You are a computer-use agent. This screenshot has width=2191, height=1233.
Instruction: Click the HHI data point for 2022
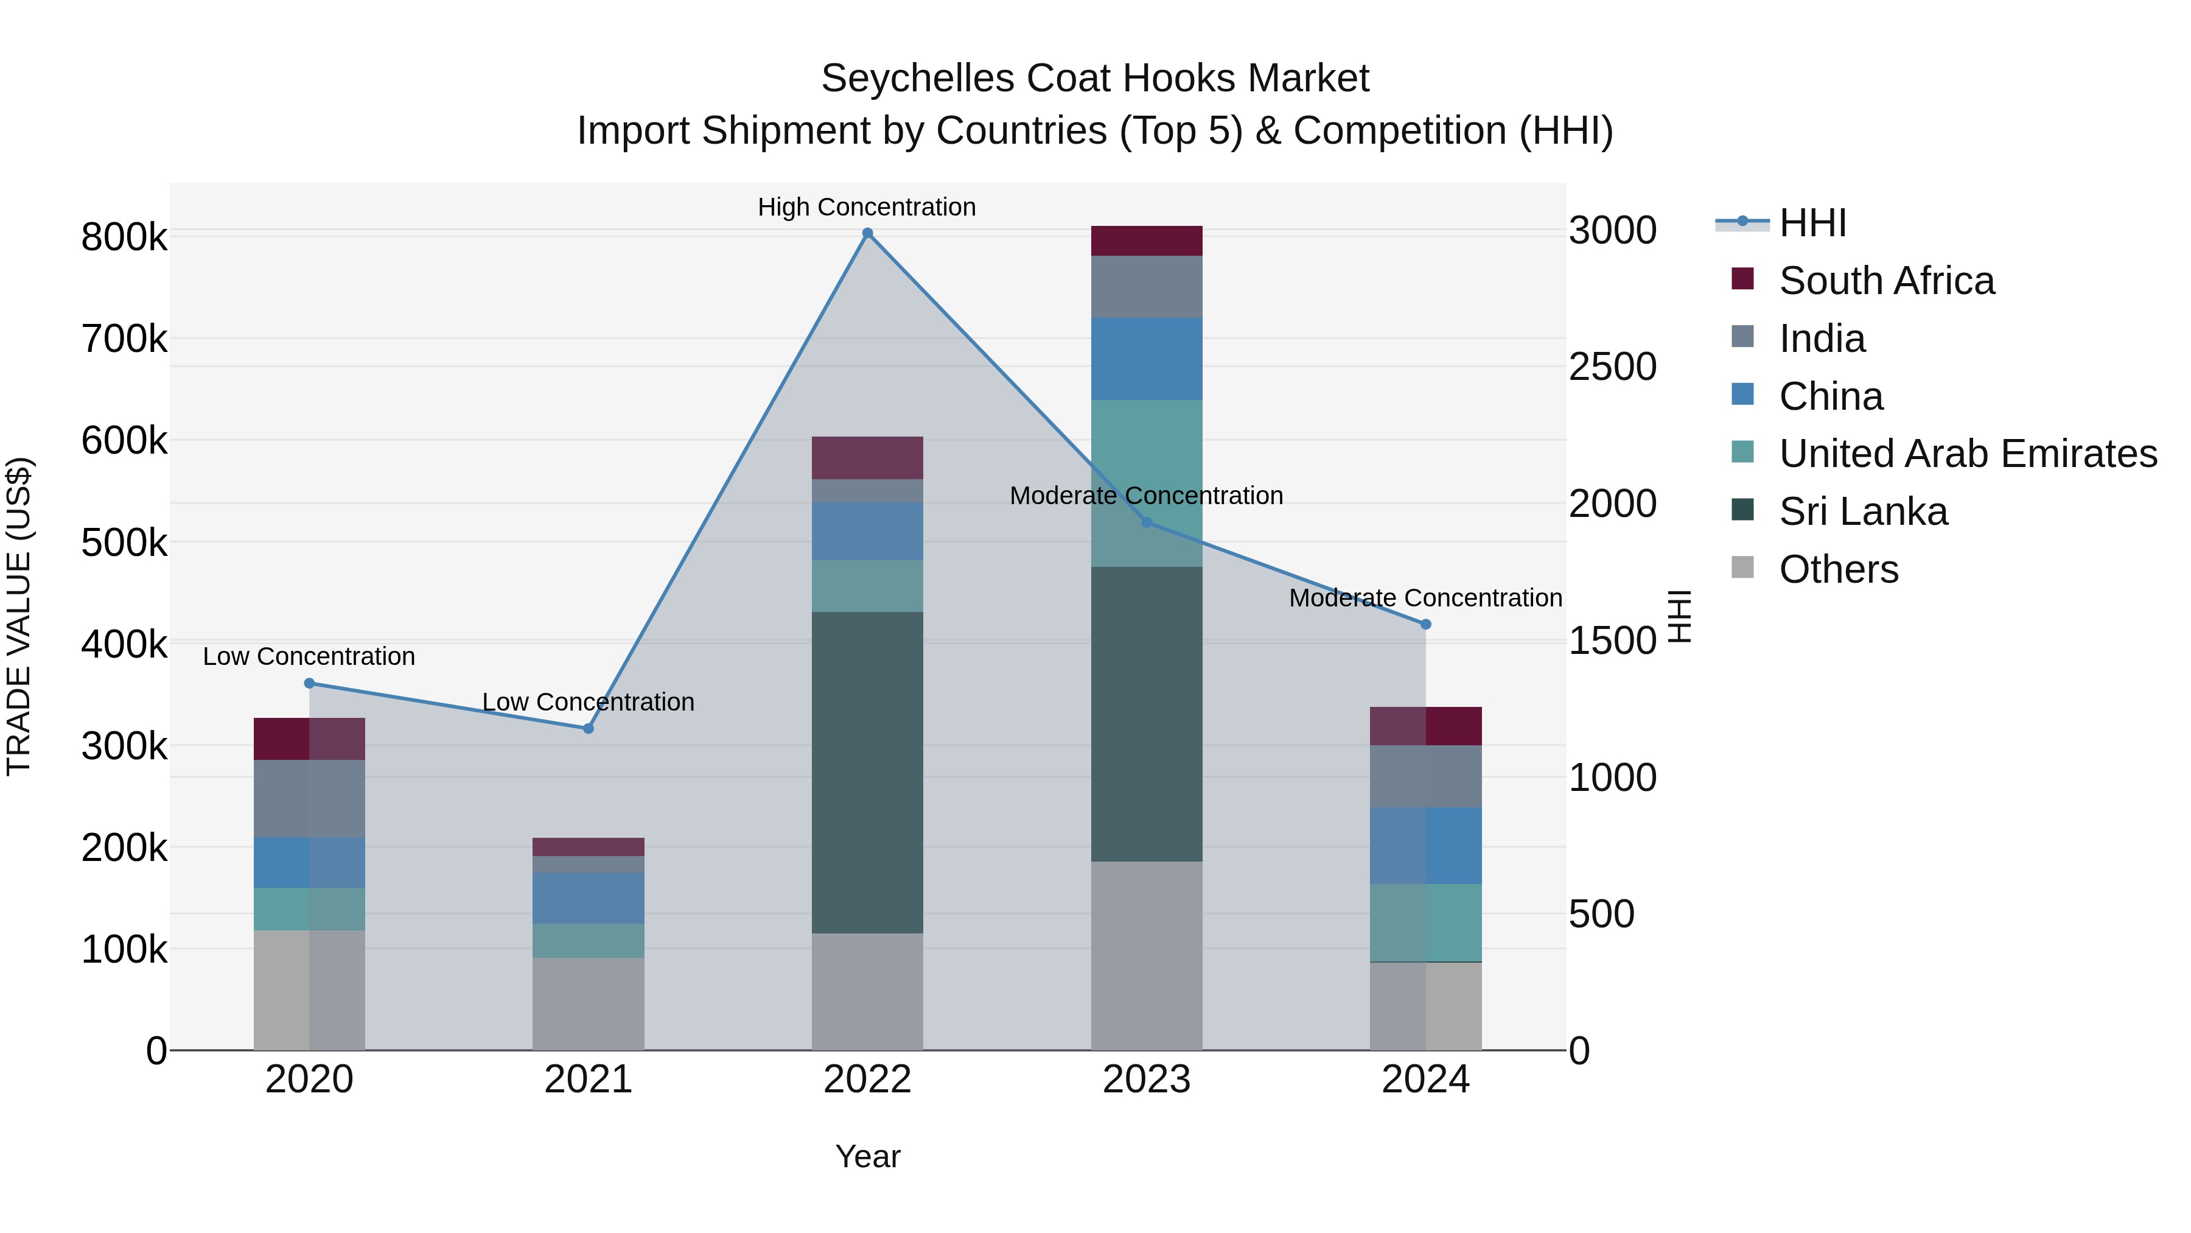click(x=867, y=233)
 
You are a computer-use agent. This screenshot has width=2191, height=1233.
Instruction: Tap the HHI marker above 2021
click(x=588, y=728)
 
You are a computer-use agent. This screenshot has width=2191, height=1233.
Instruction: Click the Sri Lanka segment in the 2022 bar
click(x=867, y=772)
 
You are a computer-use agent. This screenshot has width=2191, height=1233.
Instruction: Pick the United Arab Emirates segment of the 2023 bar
click(x=1147, y=483)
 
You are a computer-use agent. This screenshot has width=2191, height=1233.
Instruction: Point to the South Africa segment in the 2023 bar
click(x=1147, y=241)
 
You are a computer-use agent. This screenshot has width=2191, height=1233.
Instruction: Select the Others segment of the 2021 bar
click(x=588, y=1003)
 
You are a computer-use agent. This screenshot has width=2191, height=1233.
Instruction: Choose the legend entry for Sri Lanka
click(x=1863, y=512)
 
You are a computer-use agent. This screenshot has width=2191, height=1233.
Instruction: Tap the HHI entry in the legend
click(x=1812, y=223)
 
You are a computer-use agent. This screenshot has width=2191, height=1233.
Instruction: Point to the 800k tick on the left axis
click(x=124, y=237)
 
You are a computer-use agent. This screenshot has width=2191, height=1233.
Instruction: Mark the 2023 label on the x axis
click(x=1147, y=1080)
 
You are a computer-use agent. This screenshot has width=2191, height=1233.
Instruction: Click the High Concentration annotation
click(x=867, y=207)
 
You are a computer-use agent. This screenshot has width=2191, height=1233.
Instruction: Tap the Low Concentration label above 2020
click(x=309, y=657)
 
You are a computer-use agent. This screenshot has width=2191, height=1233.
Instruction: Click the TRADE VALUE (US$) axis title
click(x=19, y=616)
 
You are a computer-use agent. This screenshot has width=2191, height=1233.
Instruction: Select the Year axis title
click(x=867, y=1156)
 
